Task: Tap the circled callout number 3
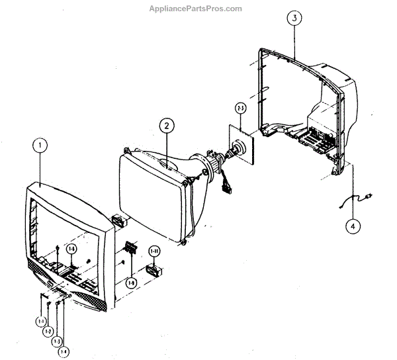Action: [294, 18]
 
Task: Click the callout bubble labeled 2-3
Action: [241, 108]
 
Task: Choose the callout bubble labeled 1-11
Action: [154, 251]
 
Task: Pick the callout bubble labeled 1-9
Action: [131, 283]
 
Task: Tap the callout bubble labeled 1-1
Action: [40, 321]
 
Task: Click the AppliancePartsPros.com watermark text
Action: [196, 9]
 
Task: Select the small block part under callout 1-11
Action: [154, 269]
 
